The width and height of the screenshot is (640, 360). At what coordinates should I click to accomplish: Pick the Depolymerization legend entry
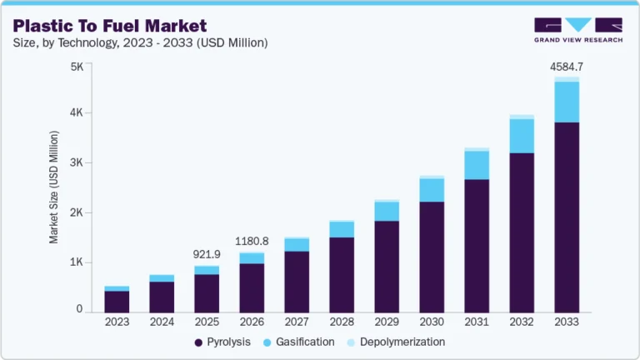click(x=398, y=342)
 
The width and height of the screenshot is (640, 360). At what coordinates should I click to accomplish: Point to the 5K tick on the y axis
click(x=76, y=67)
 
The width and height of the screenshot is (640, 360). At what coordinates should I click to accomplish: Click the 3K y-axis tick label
click(x=76, y=162)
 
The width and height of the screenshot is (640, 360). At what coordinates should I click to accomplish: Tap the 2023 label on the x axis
click(x=117, y=322)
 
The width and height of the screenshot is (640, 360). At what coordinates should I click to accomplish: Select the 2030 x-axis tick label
click(x=432, y=322)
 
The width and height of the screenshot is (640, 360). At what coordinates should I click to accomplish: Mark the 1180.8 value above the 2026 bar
click(x=252, y=242)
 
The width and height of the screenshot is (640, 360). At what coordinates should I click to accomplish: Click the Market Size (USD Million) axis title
click(x=54, y=187)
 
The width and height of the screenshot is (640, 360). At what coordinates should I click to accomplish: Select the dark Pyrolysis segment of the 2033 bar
click(x=567, y=217)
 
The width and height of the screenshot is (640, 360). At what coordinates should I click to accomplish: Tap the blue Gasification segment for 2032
click(x=522, y=136)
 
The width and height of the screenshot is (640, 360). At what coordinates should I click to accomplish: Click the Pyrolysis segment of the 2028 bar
click(x=342, y=275)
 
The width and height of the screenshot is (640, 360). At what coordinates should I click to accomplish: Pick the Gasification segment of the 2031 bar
click(x=477, y=165)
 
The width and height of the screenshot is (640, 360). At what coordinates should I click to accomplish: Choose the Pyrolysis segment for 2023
click(x=117, y=302)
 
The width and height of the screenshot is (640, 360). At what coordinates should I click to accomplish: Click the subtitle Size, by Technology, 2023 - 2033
click(x=141, y=42)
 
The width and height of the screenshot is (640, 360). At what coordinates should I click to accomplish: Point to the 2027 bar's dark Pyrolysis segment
click(x=297, y=282)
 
